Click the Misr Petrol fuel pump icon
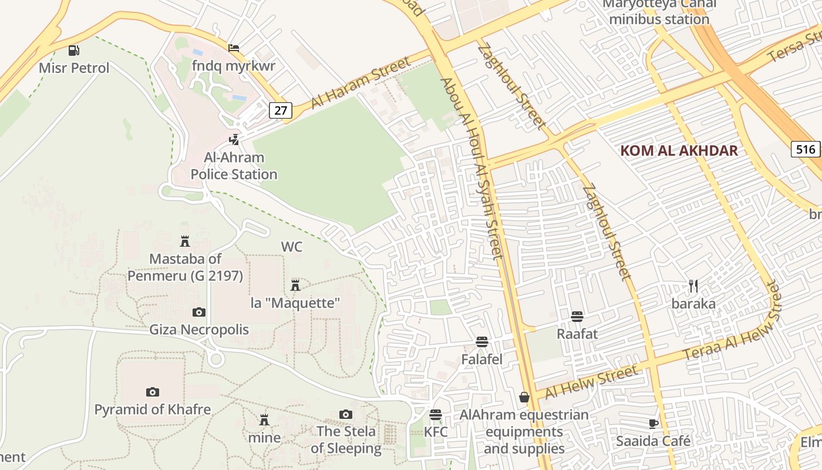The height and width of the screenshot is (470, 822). pyautogui.click(x=74, y=51)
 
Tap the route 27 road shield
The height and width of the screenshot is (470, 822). pyautogui.click(x=280, y=110)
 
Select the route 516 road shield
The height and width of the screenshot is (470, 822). pyautogui.click(x=806, y=149)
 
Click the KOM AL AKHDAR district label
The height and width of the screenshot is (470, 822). pyautogui.click(x=679, y=150)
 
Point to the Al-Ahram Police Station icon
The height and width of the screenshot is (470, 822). pyautogui.click(x=234, y=140)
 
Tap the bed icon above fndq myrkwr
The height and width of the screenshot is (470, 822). pyautogui.click(x=234, y=48)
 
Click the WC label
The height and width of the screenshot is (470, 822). pyautogui.click(x=292, y=247)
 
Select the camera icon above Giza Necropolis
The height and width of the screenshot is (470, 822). pyautogui.click(x=199, y=312)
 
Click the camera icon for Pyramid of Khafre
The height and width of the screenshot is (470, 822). pyautogui.click(x=153, y=392)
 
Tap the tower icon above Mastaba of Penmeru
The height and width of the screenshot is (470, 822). pyautogui.click(x=185, y=241)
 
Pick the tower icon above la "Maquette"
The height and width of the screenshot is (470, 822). pyautogui.click(x=295, y=286)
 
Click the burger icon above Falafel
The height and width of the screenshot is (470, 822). pyautogui.click(x=482, y=342)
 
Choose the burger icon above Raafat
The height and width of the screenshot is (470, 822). pyautogui.click(x=577, y=317)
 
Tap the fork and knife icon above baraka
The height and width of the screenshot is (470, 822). pyautogui.click(x=693, y=286)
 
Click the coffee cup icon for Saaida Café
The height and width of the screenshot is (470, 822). pyautogui.click(x=653, y=424)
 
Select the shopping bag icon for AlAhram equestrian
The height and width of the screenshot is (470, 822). pyautogui.click(x=524, y=398)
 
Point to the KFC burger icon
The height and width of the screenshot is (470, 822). pyautogui.click(x=435, y=415)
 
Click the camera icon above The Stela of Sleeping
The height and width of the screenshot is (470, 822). pyautogui.click(x=346, y=414)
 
